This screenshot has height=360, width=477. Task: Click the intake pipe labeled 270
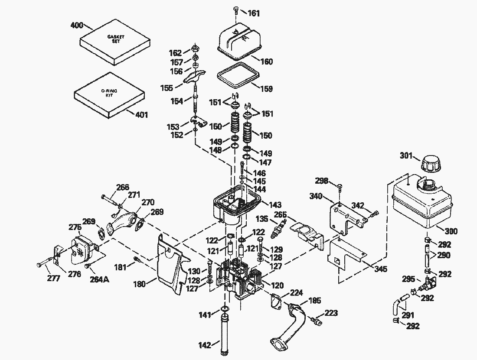coord(122,221)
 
